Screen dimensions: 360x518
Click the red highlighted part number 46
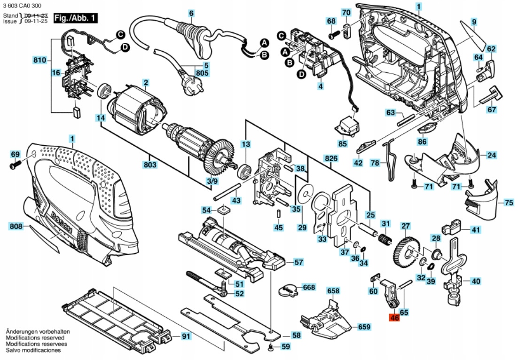point(394,318)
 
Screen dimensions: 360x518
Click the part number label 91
point(186,337)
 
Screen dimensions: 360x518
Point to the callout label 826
point(331,159)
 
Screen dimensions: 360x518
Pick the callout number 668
point(309,287)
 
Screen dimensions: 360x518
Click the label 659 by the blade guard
point(364,327)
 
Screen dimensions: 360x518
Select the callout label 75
point(509,203)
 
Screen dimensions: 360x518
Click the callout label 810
point(40,60)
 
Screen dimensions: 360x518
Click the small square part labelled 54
point(223,209)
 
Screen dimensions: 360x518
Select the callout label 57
point(298,262)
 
